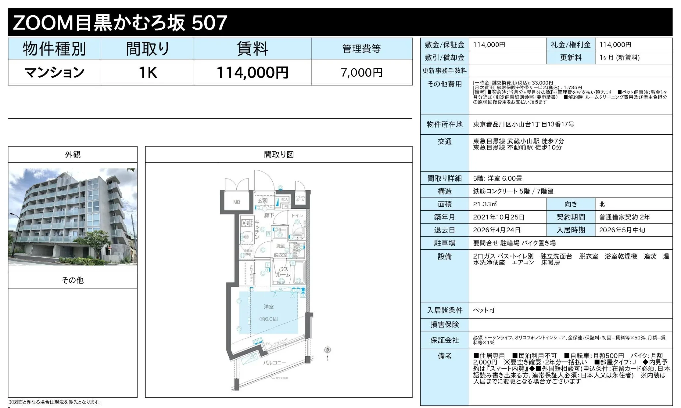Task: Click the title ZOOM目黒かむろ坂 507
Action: [120, 23]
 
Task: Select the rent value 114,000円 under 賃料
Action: [252, 72]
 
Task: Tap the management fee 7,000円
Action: [361, 72]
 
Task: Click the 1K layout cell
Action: [147, 72]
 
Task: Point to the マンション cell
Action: [55, 72]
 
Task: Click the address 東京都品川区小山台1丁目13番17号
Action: [523, 124]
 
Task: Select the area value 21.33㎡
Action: [485, 204]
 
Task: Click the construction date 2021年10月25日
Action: [498, 217]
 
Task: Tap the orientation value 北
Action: [602, 204]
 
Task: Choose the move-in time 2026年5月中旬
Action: [622, 230]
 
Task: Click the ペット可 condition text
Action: [484, 310]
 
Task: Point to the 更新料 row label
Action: [570, 58]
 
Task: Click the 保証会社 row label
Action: [445, 340]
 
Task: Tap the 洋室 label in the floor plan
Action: [269, 307]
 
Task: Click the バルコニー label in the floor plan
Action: [274, 363]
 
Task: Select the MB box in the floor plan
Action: [236, 202]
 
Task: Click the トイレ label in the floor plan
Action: [297, 216]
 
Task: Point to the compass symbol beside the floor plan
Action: [327, 350]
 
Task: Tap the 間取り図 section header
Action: [279, 155]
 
